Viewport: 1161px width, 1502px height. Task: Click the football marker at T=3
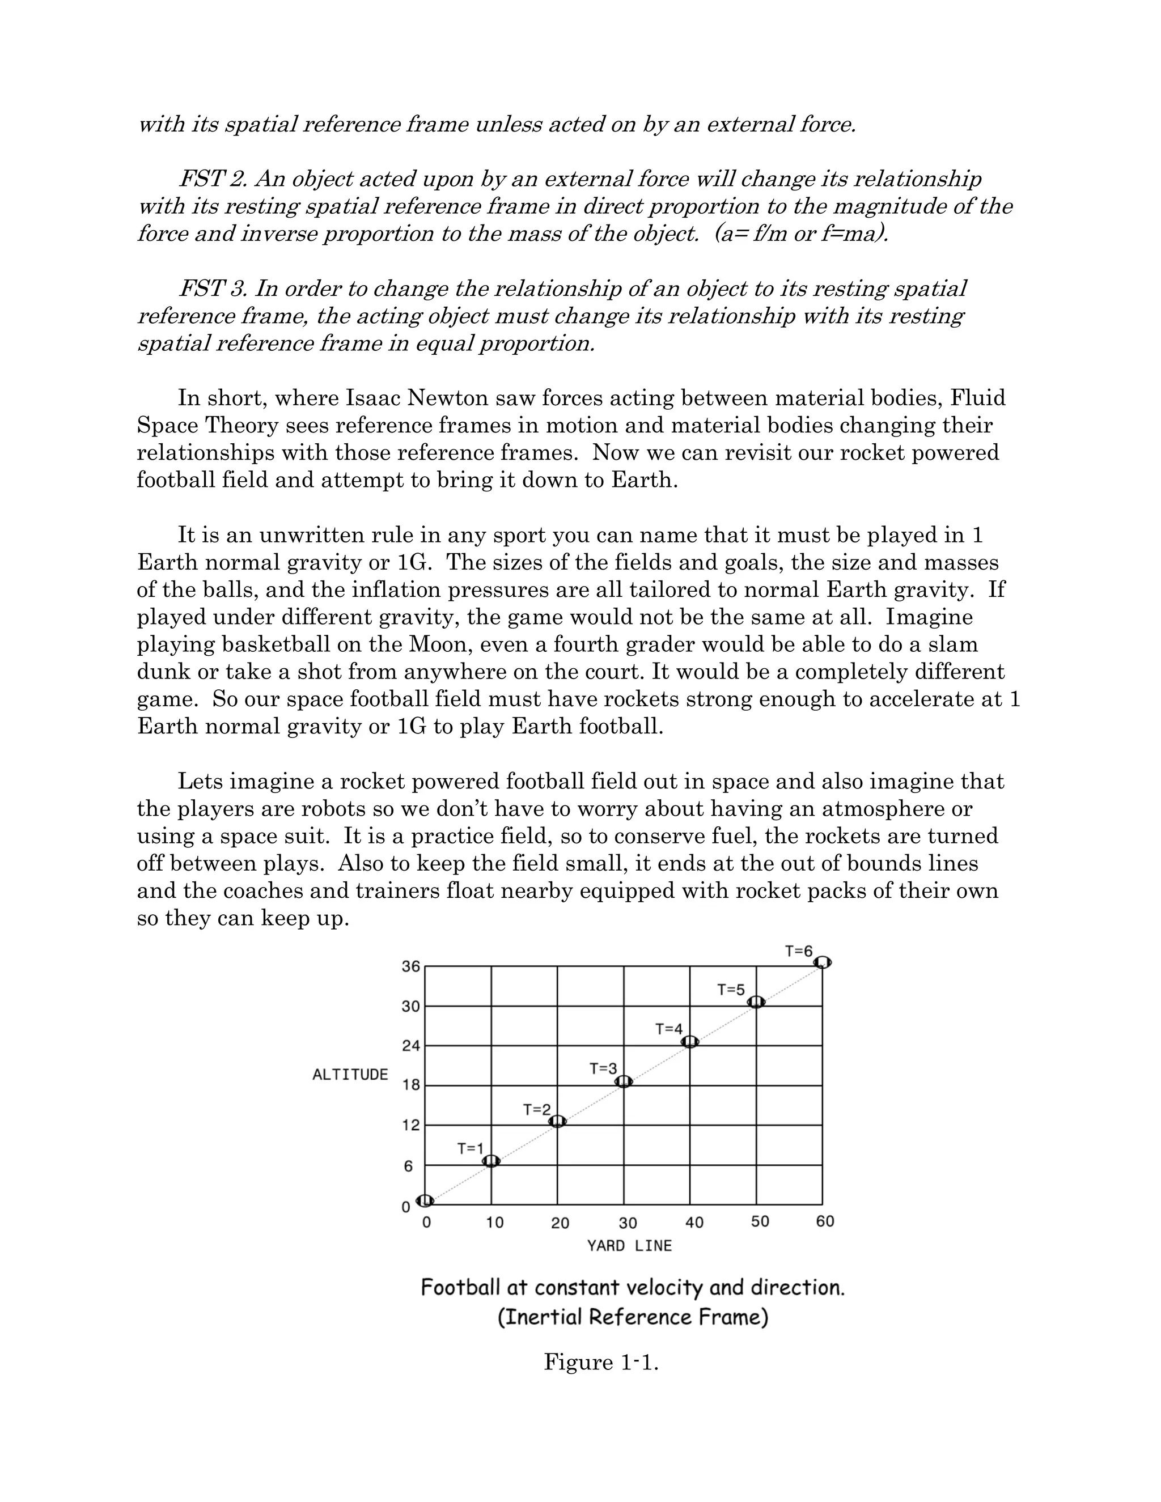click(624, 1082)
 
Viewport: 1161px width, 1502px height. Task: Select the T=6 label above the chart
click(799, 951)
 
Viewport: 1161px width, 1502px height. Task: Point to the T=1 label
click(471, 1148)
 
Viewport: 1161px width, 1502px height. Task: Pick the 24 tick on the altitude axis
click(410, 1046)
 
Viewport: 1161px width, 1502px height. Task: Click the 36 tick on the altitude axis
click(410, 966)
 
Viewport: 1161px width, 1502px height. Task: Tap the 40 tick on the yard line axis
click(694, 1222)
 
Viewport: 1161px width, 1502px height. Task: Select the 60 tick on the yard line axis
click(825, 1221)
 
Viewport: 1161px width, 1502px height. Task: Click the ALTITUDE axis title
click(350, 1075)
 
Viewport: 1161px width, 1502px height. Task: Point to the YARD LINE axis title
click(629, 1245)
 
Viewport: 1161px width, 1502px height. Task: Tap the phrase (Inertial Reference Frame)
click(633, 1317)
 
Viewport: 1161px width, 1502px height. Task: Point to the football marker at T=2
click(558, 1122)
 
